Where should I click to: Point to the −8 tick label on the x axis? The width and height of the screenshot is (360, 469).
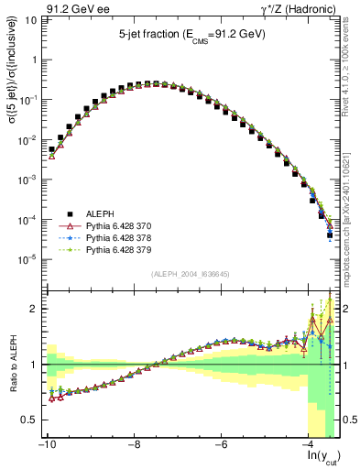click(x=134, y=444)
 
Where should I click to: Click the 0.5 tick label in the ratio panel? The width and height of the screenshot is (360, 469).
click(x=29, y=420)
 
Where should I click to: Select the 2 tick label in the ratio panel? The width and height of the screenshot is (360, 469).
click(x=33, y=309)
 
